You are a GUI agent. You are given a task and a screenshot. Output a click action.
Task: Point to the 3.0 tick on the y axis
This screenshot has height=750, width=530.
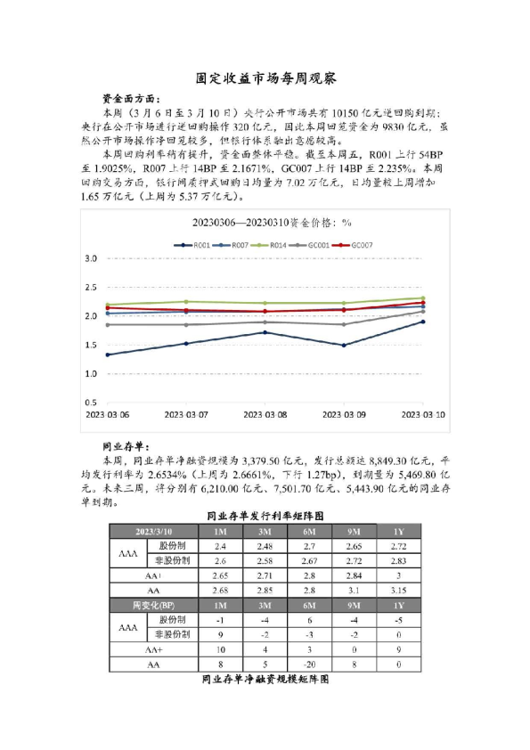click(89, 258)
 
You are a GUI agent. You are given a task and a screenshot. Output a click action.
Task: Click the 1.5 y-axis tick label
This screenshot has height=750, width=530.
click(89, 345)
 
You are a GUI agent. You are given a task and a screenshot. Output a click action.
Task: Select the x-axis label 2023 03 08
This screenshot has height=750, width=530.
click(265, 414)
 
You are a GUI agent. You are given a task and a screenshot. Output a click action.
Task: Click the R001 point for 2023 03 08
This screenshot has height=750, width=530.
click(265, 332)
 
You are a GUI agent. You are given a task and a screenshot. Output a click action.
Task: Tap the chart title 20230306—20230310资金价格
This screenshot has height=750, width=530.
click(265, 222)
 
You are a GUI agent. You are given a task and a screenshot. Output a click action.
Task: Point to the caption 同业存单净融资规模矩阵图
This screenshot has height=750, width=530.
click(265, 679)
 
